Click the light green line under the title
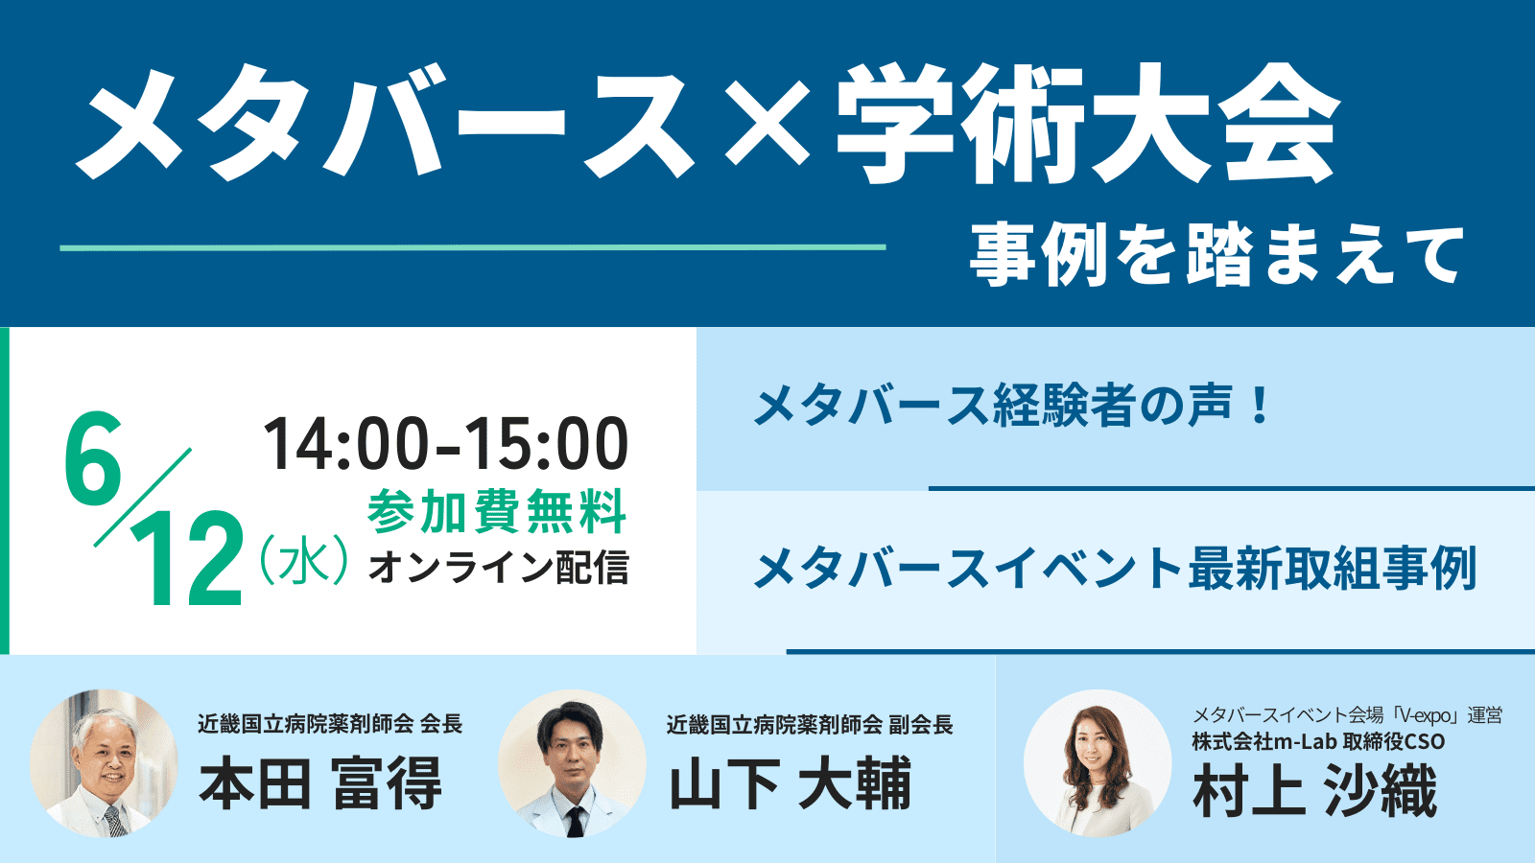(x=473, y=247)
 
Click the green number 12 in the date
(x=186, y=559)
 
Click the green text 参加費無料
(x=497, y=511)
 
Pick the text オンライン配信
(x=499, y=567)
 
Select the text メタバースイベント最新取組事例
(x=1115, y=568)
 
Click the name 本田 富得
(x=320, y=782)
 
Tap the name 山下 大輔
(x=791, y=782)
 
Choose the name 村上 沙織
(x=1315, y=790)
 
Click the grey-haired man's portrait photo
(x=105, y=763)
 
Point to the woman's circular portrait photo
(x=1098, y=763)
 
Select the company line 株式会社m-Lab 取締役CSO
(x=1318, y=742)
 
